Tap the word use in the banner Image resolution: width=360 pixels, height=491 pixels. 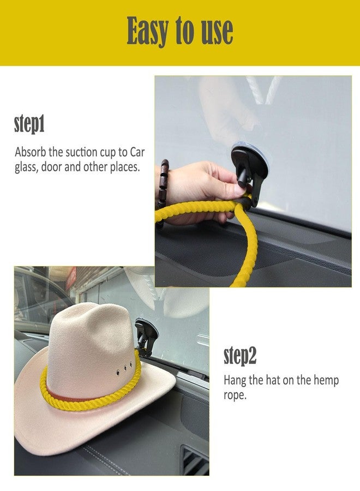(217, 31)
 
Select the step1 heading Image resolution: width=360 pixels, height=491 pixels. (29, 124)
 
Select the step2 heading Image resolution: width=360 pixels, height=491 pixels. (240, 356)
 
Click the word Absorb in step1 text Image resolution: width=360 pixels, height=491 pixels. (31, 152)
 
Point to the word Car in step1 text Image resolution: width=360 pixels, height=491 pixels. (137, 152)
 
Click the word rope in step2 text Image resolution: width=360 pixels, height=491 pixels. (235, 396)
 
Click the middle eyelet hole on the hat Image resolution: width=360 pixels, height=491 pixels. (125, 368)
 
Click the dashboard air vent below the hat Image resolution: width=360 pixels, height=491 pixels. (195, 460)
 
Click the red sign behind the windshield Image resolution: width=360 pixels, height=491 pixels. (71, 278)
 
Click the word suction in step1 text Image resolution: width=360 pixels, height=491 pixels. (81, 152)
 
